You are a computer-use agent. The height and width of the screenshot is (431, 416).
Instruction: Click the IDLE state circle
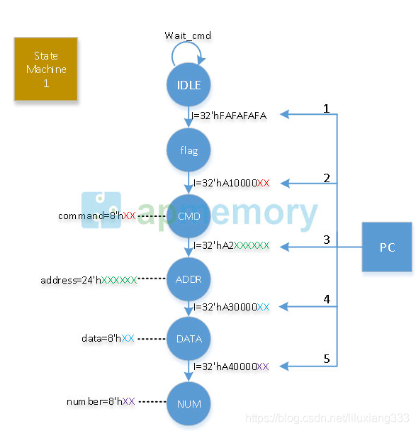[189, 86]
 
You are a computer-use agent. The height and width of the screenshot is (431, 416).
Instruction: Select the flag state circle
[189, 150]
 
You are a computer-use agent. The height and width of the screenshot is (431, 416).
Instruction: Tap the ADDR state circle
[189, 279]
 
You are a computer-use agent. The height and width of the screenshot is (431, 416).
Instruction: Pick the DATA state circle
[189, 339]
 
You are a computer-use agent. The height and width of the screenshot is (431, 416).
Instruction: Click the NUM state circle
[189, 404]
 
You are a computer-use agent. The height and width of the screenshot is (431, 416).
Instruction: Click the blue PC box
[387, 247]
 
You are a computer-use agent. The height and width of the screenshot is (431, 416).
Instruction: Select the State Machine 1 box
[46, 69]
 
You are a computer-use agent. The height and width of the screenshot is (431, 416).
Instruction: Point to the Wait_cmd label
[188, 35]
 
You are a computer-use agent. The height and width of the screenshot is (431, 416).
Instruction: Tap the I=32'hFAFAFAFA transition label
[228, 115]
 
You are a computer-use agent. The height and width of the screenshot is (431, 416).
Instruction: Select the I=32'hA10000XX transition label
[230, 182]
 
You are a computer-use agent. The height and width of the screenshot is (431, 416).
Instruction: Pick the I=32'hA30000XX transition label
[230, 307]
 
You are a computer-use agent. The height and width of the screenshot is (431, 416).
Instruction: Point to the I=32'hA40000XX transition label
[230, 366]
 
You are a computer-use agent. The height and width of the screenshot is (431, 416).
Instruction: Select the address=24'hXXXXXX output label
[89, 280]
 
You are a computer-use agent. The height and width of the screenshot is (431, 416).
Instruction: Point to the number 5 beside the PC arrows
[327, 359]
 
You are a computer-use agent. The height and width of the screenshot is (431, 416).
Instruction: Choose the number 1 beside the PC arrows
[327, 108]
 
